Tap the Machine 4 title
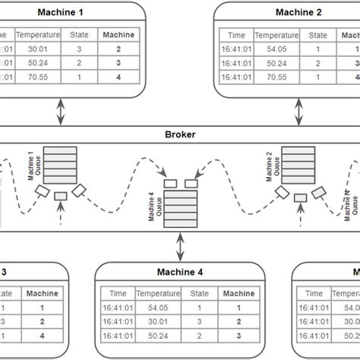click(x=180, y=271)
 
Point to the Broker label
click(x=180, y=134)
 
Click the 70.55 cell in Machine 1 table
click(x=36, y=77)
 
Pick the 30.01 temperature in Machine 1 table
click(x=36, y=49)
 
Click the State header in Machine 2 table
click(x=317, y=35)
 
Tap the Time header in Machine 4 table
click(x=118, y=293)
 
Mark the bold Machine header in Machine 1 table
click(x=118, y=35)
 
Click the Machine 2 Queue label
click(x=271, y=164)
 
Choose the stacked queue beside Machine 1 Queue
click(x=56, y=163)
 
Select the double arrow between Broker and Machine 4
click(x=180, y=245)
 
